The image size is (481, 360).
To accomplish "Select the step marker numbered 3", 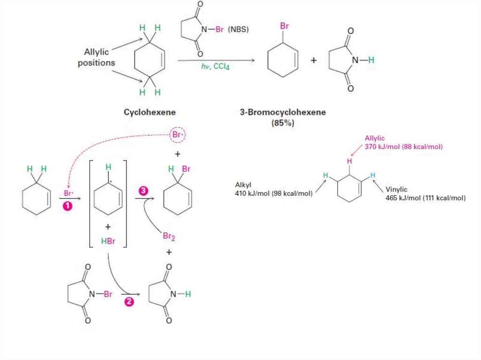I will click(143, 191).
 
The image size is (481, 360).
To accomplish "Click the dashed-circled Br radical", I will click(178, 135).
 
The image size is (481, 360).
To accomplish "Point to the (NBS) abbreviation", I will click(239, 30).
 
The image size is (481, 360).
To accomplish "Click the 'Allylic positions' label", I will click(96, 57).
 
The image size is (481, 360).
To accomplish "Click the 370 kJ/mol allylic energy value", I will click(403, 146).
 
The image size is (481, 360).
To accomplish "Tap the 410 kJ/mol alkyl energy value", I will click(274, 192).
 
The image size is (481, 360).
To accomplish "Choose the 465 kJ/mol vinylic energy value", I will click(426, 198).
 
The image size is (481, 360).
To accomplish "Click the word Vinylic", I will click(398, 190).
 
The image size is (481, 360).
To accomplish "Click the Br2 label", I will click(169, 237).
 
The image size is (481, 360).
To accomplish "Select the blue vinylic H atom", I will click(372, 175).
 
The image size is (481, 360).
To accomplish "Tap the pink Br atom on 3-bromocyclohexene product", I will click(285, 26).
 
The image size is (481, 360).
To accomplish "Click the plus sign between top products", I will click(313, 61).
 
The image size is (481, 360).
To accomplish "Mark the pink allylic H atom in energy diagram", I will click(349, 161).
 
